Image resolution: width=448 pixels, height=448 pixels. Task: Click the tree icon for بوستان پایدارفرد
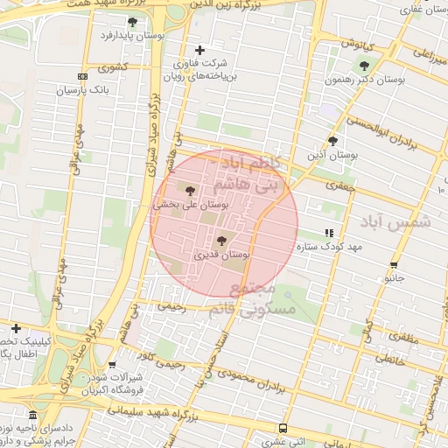coord(132,22)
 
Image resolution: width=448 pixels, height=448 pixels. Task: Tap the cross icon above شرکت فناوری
coord(199,50)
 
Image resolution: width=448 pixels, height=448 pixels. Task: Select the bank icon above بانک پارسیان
coord(83,77)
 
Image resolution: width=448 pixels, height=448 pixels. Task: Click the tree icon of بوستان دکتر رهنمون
coord(364,66)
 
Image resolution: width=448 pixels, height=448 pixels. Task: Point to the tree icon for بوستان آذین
coord(332,140)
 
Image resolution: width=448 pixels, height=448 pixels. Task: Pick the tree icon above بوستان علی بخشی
coord(191,189)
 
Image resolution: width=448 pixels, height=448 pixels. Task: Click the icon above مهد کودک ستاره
coord(328,233)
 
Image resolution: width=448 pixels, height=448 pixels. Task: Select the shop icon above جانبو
coord(394,264)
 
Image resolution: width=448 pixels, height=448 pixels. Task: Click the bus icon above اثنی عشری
coord(282,428)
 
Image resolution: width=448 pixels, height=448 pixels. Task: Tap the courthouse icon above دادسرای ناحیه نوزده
coord(32,414)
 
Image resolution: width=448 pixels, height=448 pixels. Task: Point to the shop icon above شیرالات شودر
coord(112,365)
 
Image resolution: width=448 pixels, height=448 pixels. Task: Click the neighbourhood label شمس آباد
coord(402,222)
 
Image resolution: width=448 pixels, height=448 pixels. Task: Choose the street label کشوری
coord(113,67)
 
